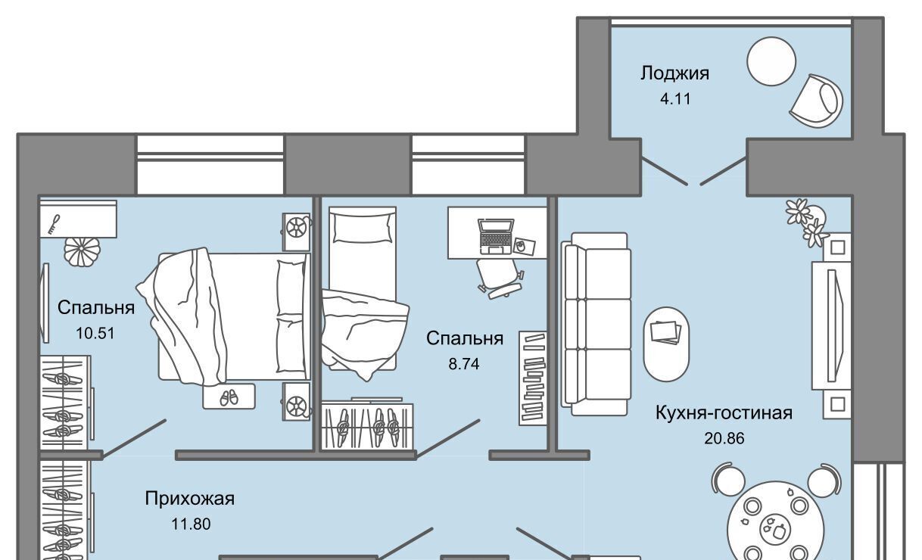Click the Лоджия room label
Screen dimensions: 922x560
pos(674,73)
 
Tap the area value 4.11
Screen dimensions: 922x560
pos(675,99)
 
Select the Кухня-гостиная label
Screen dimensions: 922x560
pos(724,412)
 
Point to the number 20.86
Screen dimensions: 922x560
pos(724,439)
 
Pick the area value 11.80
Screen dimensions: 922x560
pos(191,524)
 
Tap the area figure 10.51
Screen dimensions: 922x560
pos(95,333)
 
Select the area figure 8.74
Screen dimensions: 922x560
pos(464,364)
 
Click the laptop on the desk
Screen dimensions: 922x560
pos(495,236)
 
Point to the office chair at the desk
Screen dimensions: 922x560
pos(500,278)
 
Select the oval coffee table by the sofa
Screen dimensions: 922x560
pos(666,344)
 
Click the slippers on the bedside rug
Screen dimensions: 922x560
pos(229,397)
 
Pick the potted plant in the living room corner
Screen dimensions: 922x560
pos(806,222)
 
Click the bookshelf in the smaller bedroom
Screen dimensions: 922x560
pos(533,378)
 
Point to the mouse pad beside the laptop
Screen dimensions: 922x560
pos(524,246)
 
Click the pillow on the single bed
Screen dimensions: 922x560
pos(363,228)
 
